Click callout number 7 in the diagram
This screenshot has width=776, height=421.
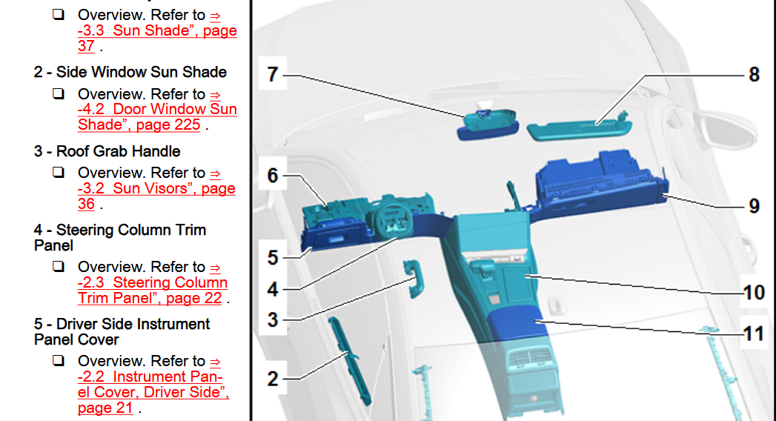[272, 74]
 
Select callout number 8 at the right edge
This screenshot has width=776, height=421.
[754, 75]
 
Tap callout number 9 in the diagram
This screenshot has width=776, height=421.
[754, 206]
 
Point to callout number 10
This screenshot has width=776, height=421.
[754, 292]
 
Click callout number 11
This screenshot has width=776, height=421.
[754, 334]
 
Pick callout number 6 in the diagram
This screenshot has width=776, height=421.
[273, 176]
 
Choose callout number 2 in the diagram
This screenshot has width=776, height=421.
[273, 379]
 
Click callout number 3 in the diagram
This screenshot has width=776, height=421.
[273, 319]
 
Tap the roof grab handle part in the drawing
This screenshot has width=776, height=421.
[414, 279]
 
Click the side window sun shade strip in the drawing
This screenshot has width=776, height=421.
[349, 360]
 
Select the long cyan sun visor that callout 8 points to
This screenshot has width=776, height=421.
[580, 129]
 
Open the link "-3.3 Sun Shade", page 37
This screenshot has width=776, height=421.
[157, 30]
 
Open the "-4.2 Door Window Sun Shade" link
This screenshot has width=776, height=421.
[157, 110]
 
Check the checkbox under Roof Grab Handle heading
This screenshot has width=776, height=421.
[59, 172]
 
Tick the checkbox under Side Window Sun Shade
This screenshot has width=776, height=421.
[59, 93]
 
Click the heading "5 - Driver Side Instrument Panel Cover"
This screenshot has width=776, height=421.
[122, 331]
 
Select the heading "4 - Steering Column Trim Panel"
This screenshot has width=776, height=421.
[120, 237]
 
